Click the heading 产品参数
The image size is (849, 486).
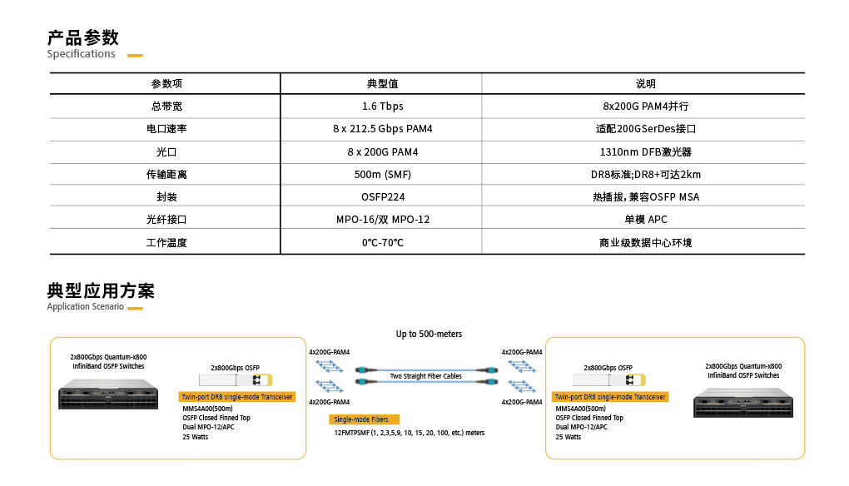coord(83,37)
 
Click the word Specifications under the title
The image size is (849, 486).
coord(82,53)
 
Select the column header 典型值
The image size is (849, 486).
coord(382,83)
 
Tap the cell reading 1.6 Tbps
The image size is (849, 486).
coord(383,106)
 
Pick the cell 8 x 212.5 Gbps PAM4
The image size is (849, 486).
coord(383,129)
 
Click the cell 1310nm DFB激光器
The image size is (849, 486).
coord(645,152)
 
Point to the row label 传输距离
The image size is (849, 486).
coord(166,174)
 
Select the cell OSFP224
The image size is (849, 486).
coord(383,197)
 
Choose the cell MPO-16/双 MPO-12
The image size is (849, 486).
coord(383,219)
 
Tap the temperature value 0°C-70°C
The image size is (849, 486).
coord(383,242)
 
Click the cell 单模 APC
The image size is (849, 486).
coord(645,219)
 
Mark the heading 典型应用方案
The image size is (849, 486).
coord(101,290)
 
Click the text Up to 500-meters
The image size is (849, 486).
coord(429,334)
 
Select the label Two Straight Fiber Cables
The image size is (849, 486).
coord(426,376)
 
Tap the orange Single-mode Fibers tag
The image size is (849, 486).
coord(364,419)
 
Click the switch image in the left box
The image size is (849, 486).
coord(108,394)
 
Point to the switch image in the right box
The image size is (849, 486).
coord(742,403)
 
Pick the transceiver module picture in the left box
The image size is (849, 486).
coord(236,380)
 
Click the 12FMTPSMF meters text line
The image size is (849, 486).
coord(410,433)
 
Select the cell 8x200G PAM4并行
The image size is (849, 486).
coord(645,106)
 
